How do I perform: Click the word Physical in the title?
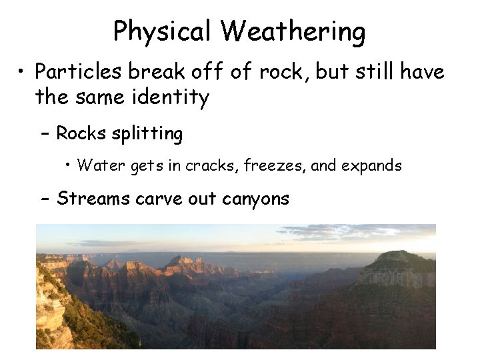tap(163, 31)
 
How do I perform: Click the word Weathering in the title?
tap(293, 31)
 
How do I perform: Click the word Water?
tap(97, 165)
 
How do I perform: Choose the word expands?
tap(371, 165)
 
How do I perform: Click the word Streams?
tap(93, 198)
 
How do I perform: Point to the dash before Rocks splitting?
tap(44, 134)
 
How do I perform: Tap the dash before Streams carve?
tap(44, 199)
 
